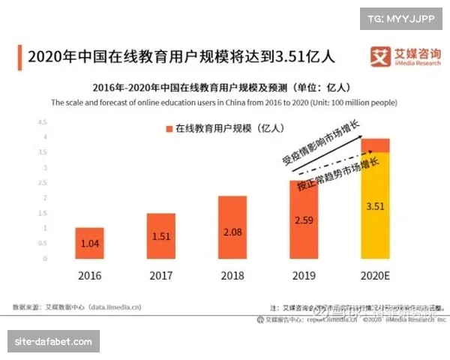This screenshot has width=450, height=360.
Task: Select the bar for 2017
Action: tap(160, 236)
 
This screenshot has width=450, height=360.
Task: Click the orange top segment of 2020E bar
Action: tap(374, 145)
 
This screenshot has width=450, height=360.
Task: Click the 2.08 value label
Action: tap(232, 232)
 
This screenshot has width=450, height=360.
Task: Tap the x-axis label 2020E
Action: tap(374, 275)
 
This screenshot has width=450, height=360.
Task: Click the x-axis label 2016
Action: tap(89, 275)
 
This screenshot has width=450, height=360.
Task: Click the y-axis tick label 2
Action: tap(45, 197)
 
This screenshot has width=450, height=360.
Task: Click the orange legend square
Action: tap(169, 129)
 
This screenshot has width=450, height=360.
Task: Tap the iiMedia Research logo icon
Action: tap(381, 55)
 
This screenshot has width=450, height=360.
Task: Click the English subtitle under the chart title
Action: tap(224, 102)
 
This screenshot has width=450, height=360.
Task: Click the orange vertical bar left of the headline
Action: tap(17, 55)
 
